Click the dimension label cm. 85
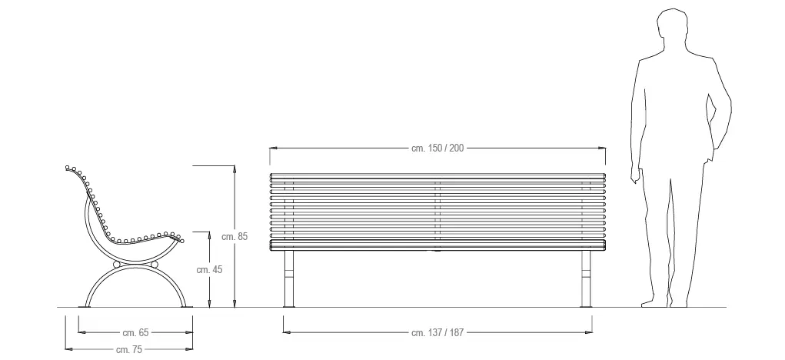[235, 236]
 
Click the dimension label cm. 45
[209, 269]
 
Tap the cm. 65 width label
[135, 332]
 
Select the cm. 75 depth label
[129, 349]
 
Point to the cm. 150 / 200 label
[437, 148]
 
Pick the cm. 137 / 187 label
[437, 332]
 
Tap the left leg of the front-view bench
[289, 278]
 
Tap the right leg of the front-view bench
[586, 278]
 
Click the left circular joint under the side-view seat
[117, 265]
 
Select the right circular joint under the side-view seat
[155, 265]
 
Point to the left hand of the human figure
[635, 175]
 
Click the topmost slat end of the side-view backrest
[68, 168]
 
